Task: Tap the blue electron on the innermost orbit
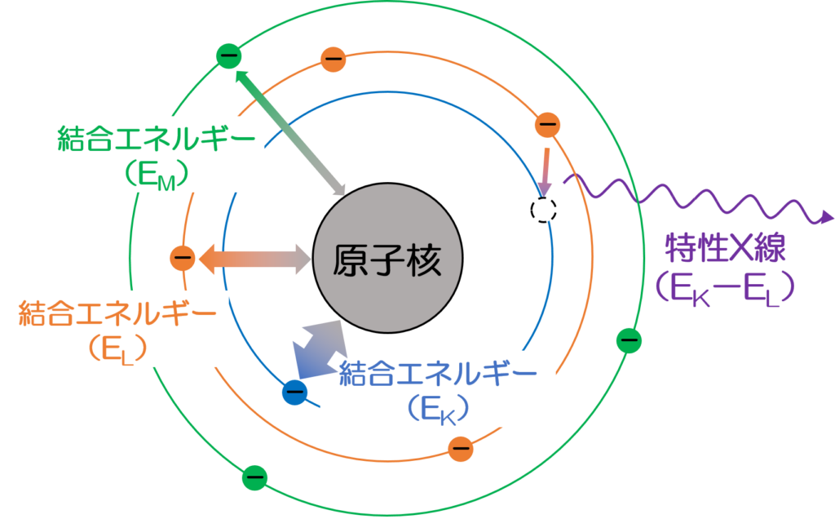coord(294,393)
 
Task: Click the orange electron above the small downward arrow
coord(547,125)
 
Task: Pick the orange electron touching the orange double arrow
coord(183,259)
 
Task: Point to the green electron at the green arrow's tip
coord(228,55)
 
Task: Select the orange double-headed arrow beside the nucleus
coord(255,259)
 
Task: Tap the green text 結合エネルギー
coord(156,140)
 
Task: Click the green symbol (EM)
coord(156,174)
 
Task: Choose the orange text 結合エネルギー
coord(117,313)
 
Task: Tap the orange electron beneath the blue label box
coord(461,447)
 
